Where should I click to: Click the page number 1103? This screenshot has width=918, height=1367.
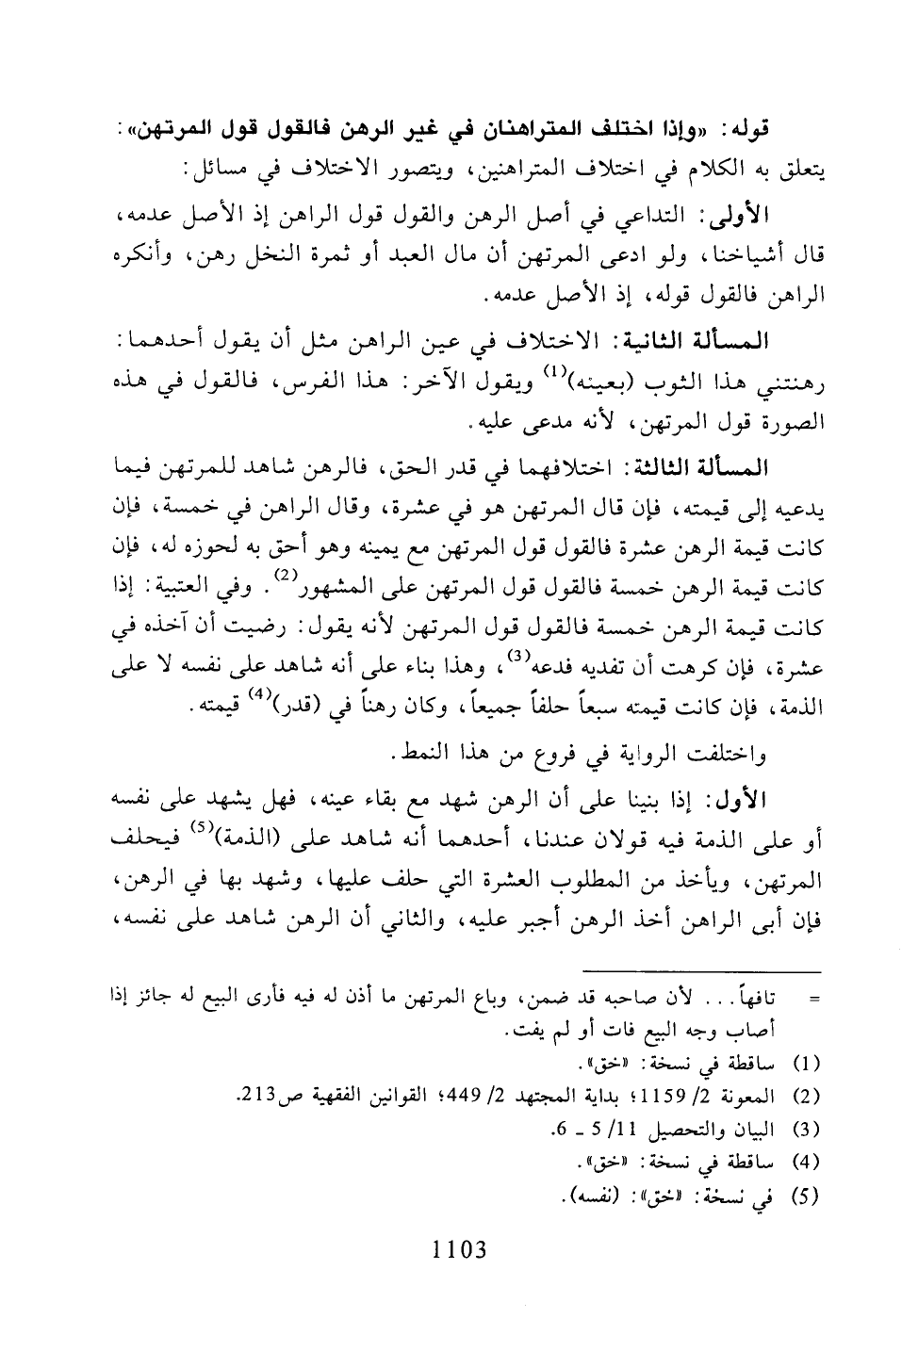click(459, 1251)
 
